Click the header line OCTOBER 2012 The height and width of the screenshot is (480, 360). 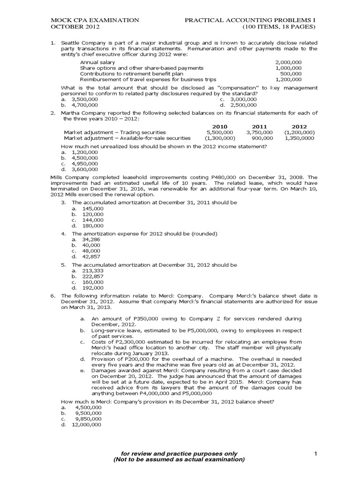tap(71, 27)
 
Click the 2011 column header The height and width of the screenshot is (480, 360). tap(259, 127)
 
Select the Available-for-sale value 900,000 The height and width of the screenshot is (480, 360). tap(262, 138)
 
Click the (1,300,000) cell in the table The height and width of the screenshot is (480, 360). tap(219, 138)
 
